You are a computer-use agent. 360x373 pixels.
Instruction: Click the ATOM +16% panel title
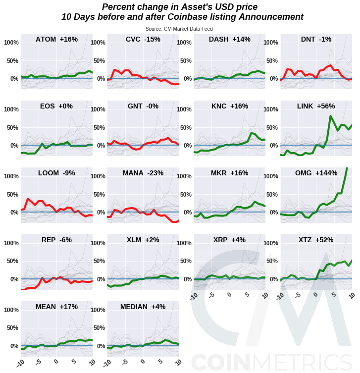(x=56, y=39)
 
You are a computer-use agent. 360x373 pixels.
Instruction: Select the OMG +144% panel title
(x=316, y=173)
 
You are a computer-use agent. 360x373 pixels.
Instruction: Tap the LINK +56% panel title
(x=316, y=106)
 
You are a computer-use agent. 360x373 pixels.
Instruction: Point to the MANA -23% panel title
(x=143, y=173)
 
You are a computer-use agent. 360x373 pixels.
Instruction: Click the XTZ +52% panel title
(x=316, y=240)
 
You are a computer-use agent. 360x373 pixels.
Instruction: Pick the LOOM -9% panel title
(x=56, y=173)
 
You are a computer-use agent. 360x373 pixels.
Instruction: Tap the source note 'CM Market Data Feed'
(x=179, y=29)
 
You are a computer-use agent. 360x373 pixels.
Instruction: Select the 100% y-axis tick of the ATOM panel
(x=11, y=43)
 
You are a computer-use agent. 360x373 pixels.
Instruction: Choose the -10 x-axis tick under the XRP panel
(x=194, y=296)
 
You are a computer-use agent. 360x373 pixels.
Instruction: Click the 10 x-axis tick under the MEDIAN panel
(x=177, y=363)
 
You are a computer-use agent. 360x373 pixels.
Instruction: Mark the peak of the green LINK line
(x=330, y=116)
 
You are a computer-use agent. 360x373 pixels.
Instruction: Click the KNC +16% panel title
(x=229, y=106)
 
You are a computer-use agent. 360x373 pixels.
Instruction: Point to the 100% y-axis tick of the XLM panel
(x=98, y=243)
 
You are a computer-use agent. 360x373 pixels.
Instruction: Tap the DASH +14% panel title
(x=229, y=39)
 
